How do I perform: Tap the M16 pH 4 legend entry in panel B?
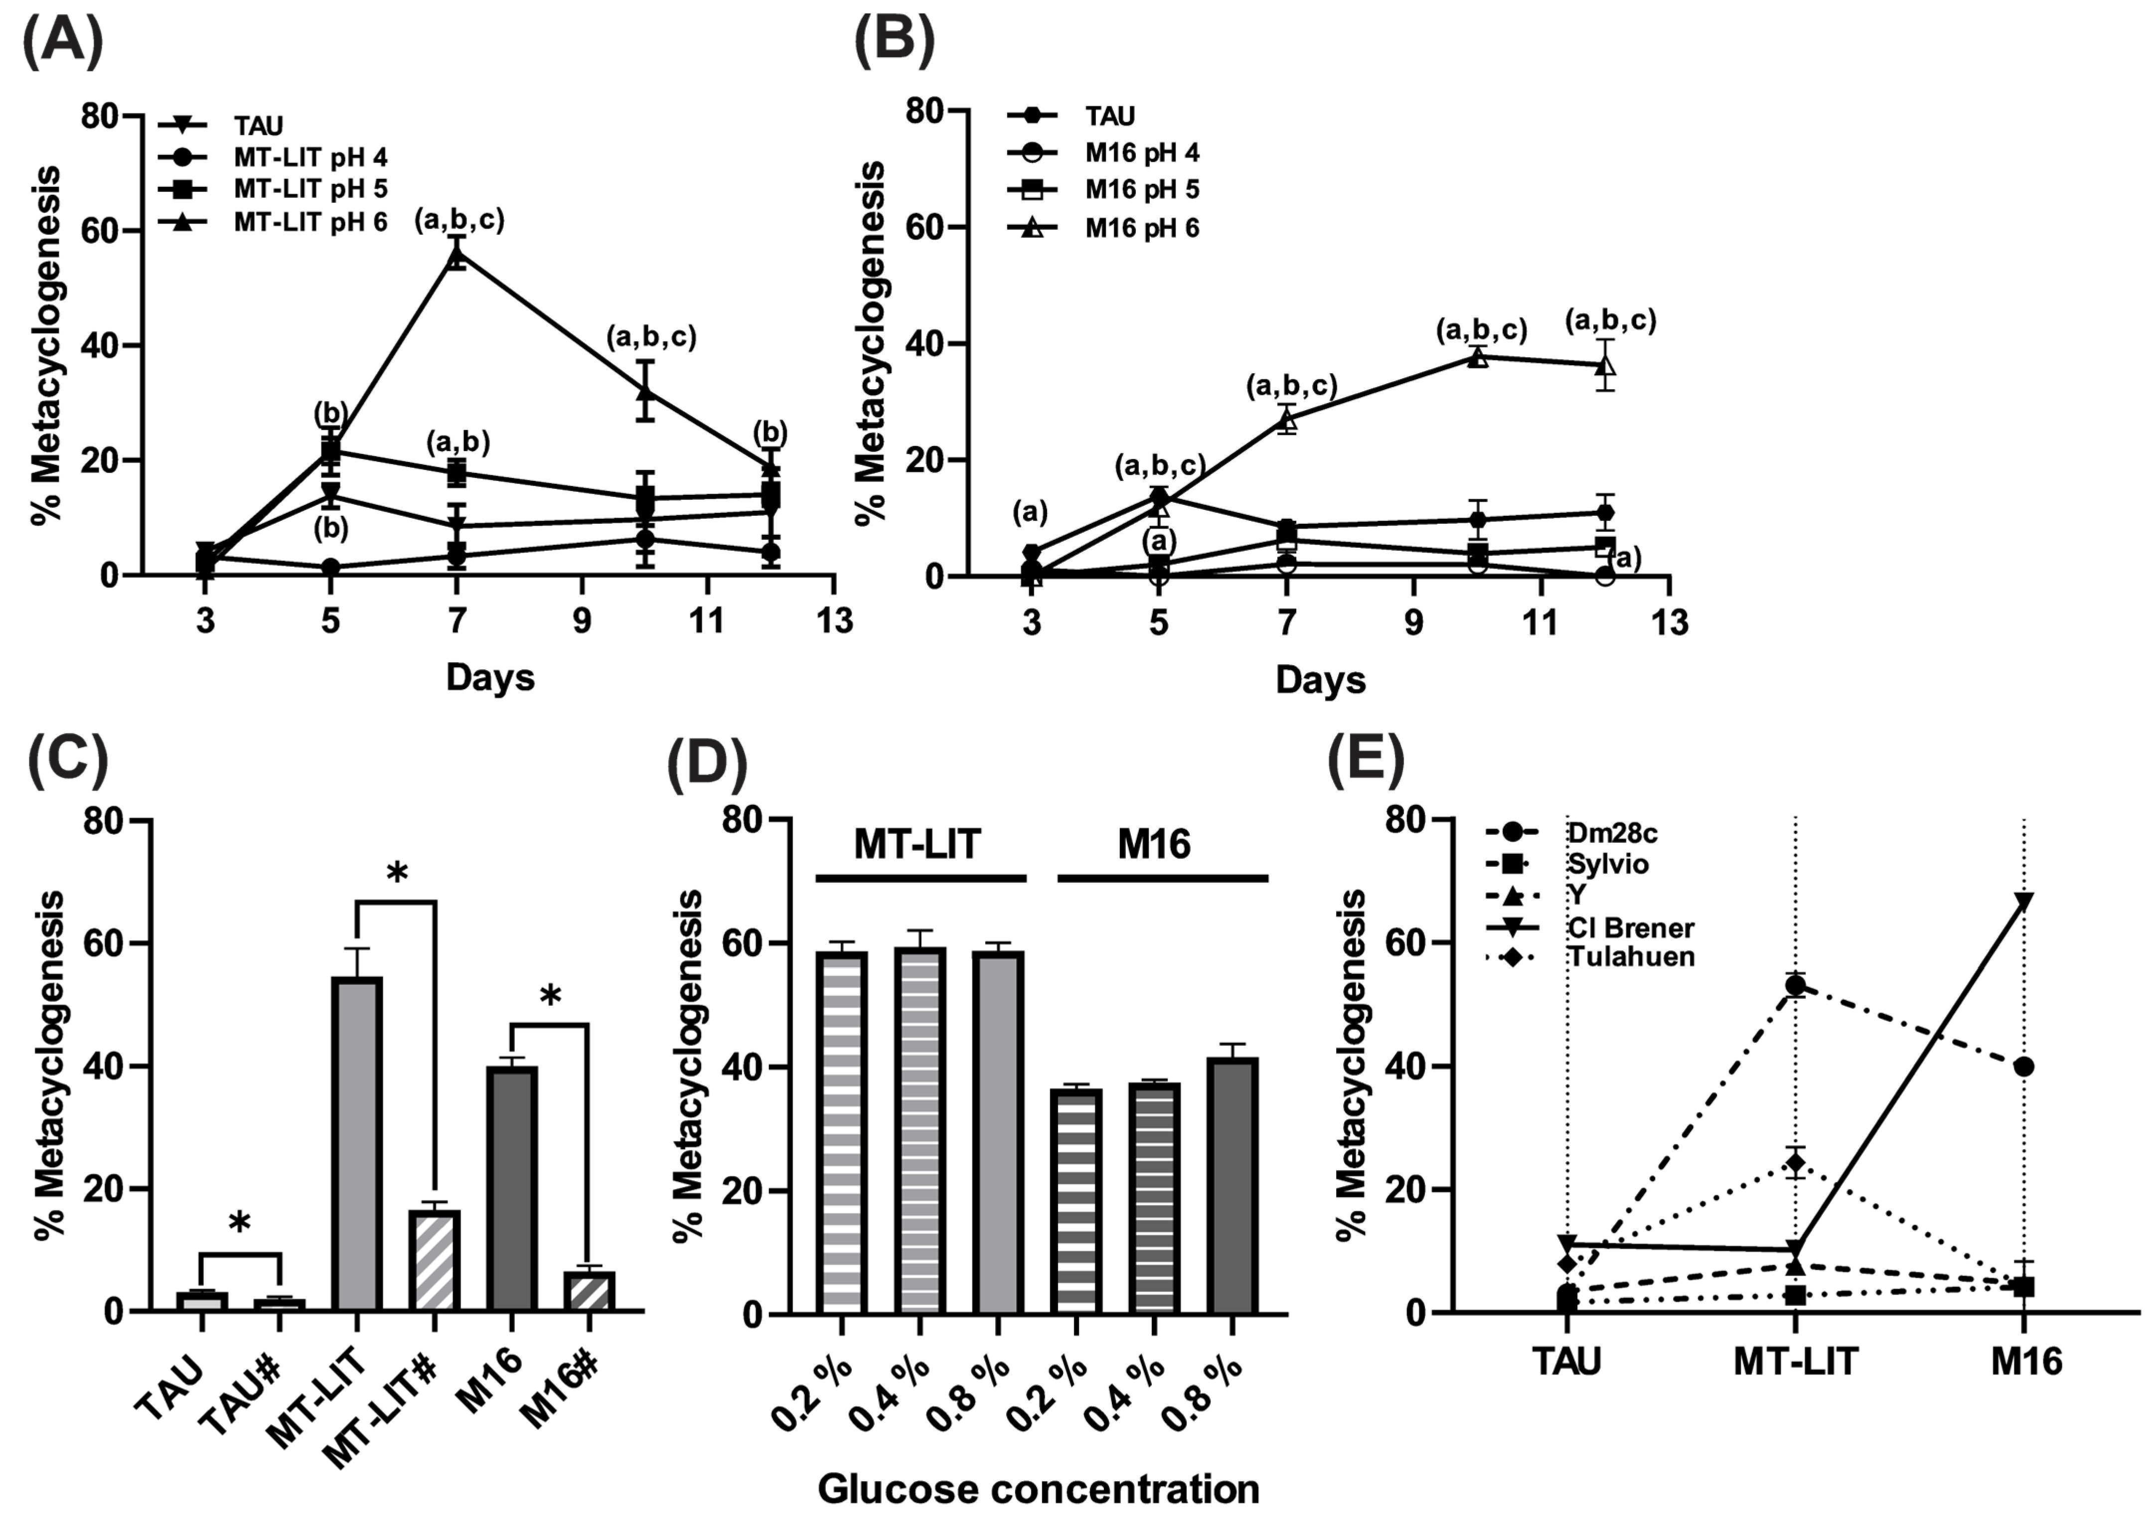coord(1142,152)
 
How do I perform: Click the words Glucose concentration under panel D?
coord(1039,1488)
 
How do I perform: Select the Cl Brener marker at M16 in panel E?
coord(2023,902)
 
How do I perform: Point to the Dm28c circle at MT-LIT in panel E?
coord(1795,986)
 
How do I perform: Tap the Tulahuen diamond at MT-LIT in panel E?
coord(1795,1163)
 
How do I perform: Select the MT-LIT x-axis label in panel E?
coord(1795,1361)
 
